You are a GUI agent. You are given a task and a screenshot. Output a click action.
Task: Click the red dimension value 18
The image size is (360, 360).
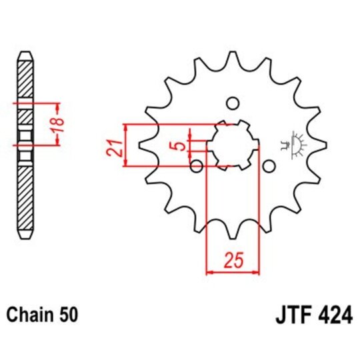pyautogui.click(x=59, y=124)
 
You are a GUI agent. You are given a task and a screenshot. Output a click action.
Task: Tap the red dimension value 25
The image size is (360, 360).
pyautogui.click(x=233, y=261)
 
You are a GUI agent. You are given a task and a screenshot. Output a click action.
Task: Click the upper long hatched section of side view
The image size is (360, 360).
pyautogui.click(x=25, y=81)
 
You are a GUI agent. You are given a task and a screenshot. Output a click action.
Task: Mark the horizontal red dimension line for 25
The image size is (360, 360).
pyautogui.click(x=233, y=272)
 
